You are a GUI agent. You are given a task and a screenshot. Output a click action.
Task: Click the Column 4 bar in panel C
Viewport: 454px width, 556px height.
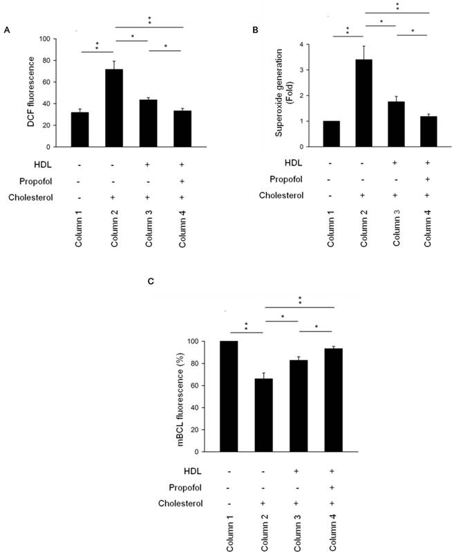pyautogui.click(x=335, y=400)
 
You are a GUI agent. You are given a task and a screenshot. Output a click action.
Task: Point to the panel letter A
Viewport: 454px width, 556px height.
pyautogui.click(x=7, y=30)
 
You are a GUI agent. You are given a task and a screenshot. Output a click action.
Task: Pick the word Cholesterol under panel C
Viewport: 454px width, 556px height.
pyautogui.click(x=183, y=503)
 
